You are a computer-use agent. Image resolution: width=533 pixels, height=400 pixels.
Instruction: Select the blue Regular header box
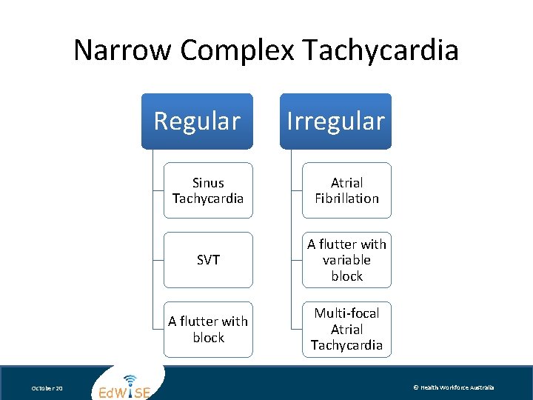197,121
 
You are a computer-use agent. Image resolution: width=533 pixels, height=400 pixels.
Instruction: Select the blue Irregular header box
335,121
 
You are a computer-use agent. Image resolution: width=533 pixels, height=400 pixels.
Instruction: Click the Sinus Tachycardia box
208,190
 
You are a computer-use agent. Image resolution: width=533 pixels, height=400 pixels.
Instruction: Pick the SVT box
208,260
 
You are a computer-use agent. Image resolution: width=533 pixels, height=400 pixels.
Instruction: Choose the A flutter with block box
208,330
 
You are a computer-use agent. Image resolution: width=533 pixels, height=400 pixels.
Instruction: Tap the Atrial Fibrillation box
346,190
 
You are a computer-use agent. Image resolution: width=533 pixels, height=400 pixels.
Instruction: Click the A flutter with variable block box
346,260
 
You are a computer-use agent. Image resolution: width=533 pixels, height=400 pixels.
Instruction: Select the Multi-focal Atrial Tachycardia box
346,330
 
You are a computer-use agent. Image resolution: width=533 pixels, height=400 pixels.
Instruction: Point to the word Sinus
208,182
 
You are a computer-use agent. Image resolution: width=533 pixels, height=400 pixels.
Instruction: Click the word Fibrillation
346,199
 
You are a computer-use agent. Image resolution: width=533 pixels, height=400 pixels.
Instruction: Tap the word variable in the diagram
346,260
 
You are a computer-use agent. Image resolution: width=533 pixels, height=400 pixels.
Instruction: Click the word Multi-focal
346,313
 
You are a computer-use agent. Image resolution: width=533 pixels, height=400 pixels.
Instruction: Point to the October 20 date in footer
47,389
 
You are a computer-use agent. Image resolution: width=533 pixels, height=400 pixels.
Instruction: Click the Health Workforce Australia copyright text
453,388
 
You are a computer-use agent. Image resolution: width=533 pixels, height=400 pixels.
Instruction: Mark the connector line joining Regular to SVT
157,260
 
